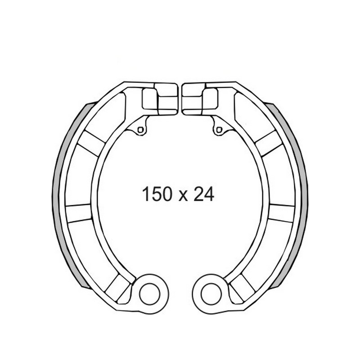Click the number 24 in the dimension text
(x=204, y=194)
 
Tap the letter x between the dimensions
(x=183, y=196)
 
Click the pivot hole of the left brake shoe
(x=149, y=294)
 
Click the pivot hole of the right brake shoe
(x=211, y=294)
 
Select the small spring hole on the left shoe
(x=140, y=130)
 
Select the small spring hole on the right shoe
(x=219, y=130)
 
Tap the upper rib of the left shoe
(x=91, y=144)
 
